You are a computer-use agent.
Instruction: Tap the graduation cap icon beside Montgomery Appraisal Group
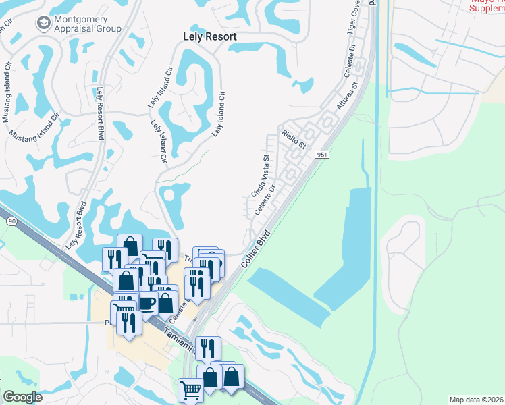point(43,23)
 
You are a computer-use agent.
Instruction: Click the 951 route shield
point(321,155)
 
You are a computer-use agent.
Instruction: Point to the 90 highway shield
point(11,221)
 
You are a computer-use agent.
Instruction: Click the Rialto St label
point(294,138)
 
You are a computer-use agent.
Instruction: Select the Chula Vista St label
point(261,175)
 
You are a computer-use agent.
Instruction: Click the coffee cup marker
point(147,302)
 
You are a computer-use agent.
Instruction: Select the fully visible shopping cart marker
point(191,389)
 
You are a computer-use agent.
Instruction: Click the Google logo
point(23,397)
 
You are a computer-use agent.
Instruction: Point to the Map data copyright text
point(477,399)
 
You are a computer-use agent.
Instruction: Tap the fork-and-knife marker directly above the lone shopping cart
point(208,348)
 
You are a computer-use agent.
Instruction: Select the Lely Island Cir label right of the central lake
point(218,114)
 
